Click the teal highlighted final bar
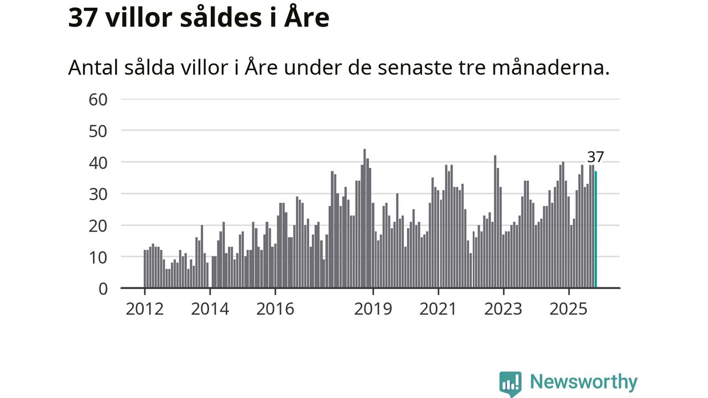tap(596, 230)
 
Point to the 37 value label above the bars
tap(595, 157)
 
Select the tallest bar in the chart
tap(365, 218)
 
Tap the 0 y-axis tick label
tap(103, 289)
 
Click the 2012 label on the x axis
tap(144, 308)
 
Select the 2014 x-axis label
tap(210, 308)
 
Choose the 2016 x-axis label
tap(275, 308)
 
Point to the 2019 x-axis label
tap(373, 308)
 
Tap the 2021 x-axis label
tap(438, 308)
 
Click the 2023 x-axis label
tap(503, 308)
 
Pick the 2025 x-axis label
tap(568, 308)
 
